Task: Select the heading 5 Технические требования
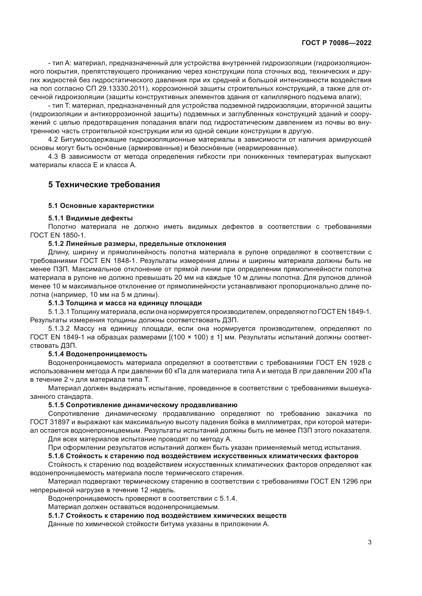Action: point(104,185)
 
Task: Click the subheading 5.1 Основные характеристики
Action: point(101,206)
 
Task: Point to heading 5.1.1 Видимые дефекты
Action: point(90,218)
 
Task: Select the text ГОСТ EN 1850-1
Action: point(58,235)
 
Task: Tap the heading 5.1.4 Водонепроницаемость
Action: point(97,354)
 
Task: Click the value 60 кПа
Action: point(175,371)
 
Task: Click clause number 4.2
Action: point(53,140)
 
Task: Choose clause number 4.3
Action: point(53,157)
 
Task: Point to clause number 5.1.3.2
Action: point(59,329)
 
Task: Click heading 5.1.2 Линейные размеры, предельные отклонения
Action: point(137,244)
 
